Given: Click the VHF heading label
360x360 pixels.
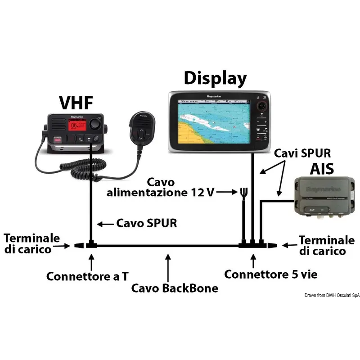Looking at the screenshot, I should [x=76, y=103].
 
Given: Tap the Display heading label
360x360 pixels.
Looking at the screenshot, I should [x=215, y=78].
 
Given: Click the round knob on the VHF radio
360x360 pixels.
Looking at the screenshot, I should [x=95, y=124].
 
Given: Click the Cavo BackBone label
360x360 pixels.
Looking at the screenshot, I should [x=175, y=288].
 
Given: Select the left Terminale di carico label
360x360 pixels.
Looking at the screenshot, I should [x=32, y=243].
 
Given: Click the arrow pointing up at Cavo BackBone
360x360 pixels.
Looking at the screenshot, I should [x=168, y=265].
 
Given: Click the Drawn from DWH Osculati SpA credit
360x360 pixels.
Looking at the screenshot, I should [x=332, y=295].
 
